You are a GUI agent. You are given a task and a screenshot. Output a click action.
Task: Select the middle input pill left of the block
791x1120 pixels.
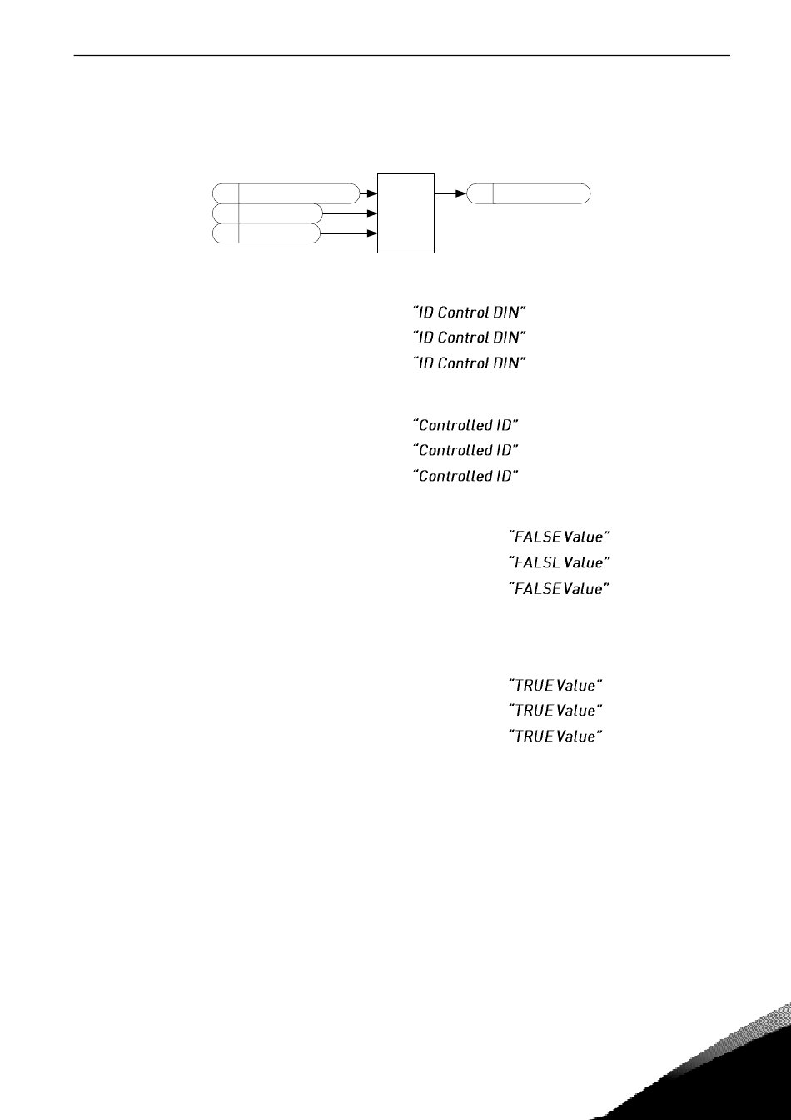[x=266, y=213]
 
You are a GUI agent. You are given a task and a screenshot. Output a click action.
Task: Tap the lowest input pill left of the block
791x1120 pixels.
[x=266, y=233]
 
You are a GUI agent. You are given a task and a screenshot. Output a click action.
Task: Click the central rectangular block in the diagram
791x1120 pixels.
[x=406, y=212]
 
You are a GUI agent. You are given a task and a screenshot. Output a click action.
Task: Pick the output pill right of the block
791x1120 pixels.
[x=529, y=193]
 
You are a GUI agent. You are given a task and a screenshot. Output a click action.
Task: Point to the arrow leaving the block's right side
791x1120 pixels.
[x=450, y=193]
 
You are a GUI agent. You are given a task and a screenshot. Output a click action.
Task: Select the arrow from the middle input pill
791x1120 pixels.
[x=350, y=213]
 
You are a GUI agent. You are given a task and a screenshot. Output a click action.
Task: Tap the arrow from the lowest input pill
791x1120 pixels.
[x=350, y=234]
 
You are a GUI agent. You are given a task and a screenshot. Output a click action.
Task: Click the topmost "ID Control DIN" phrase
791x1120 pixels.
[x=470, y=312]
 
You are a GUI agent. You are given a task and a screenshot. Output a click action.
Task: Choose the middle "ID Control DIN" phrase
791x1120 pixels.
[x=470, y=337]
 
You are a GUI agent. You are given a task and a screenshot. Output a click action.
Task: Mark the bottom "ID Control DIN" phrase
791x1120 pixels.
[x=470, y=363]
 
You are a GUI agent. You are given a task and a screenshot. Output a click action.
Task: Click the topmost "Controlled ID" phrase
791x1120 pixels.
[x=466, y=425]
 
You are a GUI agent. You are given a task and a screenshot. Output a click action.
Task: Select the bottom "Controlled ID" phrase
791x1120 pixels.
[x=466, y=476]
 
